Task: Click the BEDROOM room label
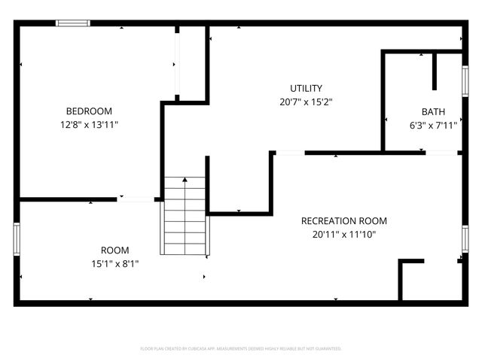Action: (89, 110)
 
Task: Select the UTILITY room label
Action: (307, 88)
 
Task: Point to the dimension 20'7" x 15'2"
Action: (307, 102)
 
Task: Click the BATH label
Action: (433, 111)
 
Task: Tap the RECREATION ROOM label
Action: (343, 221)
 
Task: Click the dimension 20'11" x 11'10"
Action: (343, 235)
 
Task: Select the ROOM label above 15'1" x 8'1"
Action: (114, 250)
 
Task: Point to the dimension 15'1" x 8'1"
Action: (114, 264)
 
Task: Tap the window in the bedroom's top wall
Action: (74, 23)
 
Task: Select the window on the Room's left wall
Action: (16, 239)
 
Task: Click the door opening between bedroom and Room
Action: (136, 199)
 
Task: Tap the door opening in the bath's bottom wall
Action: (441, 153)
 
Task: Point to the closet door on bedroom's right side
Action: (177, 62)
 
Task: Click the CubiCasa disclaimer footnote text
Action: (241, 349)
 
